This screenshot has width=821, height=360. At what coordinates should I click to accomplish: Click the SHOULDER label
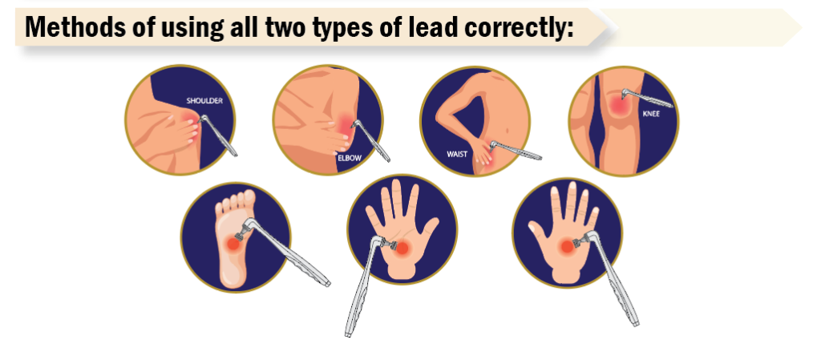coord(204,101)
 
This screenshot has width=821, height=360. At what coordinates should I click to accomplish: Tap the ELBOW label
coord(350,156)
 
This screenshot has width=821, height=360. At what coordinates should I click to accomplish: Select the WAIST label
coord(456,155)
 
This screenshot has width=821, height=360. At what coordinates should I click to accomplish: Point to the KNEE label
coord(651,113)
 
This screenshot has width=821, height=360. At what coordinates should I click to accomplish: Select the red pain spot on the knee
coord(619,106)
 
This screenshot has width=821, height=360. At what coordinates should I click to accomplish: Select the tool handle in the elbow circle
coord(372,141)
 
